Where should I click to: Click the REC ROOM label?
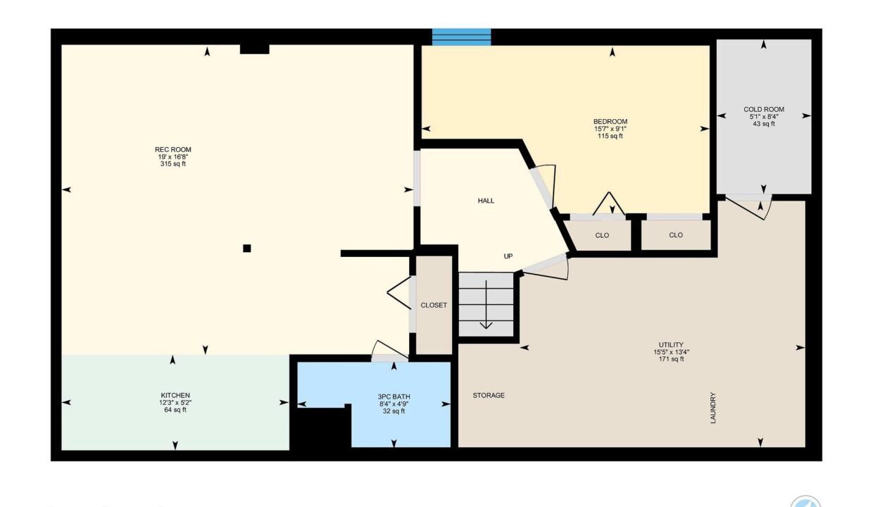coord(173,150)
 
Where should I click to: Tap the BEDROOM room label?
coord(610,122)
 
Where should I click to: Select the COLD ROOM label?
coord(764,110)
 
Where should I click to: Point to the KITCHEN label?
coord(175,396)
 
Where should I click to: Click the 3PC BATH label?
coord(394,397)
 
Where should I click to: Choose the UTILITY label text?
coord(671,345)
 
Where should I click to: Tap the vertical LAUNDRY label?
coord(713,408)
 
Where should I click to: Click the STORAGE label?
coord(489,396)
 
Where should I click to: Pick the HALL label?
coord(486,201)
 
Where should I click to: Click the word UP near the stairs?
coord(508,256)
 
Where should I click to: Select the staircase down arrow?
coord(486,305)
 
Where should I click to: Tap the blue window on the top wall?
coord(461,37)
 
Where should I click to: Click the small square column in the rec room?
coord(246,249)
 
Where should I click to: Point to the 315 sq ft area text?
coord(173,164)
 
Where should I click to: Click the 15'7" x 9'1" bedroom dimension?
coord(610,129)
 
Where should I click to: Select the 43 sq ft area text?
coord(764,124)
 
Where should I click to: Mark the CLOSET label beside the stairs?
coord(434,305)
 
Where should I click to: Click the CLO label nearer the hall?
coord(602,235)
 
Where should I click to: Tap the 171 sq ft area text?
coord(671,359)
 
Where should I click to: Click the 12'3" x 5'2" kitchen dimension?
coord(175,403)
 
